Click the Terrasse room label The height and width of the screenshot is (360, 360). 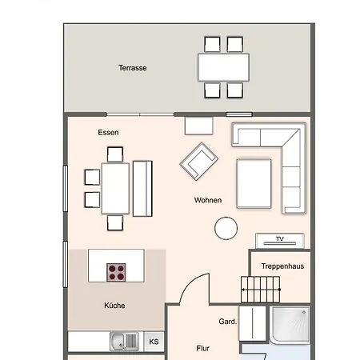coord(133,68)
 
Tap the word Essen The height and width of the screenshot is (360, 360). coord(108,133)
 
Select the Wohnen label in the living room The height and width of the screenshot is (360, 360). coord(208,200)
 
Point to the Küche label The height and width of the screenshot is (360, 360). coord(114,306)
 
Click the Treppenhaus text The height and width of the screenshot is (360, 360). coord(282,266)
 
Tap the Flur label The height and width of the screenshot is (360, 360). coord(203,348)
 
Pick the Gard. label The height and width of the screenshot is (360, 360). coord(228,322)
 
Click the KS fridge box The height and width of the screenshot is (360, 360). coord(154,342)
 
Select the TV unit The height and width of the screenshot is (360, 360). coord(280,241)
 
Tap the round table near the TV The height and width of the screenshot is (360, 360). coord(226,228)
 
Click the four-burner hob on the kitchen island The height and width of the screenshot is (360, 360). coord(116,272)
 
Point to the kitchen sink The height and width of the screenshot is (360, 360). coord(124,342)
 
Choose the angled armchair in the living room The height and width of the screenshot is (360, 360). coord(199,162)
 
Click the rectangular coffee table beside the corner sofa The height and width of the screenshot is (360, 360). coord(254,184)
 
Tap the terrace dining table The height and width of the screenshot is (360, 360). coord(224,67)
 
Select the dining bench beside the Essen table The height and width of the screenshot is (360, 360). coord(142,189)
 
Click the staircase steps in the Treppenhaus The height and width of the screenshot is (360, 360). coord(260,290)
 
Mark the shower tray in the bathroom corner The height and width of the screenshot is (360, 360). coord(290,325)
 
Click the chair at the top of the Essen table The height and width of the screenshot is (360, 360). coord(115,154)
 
